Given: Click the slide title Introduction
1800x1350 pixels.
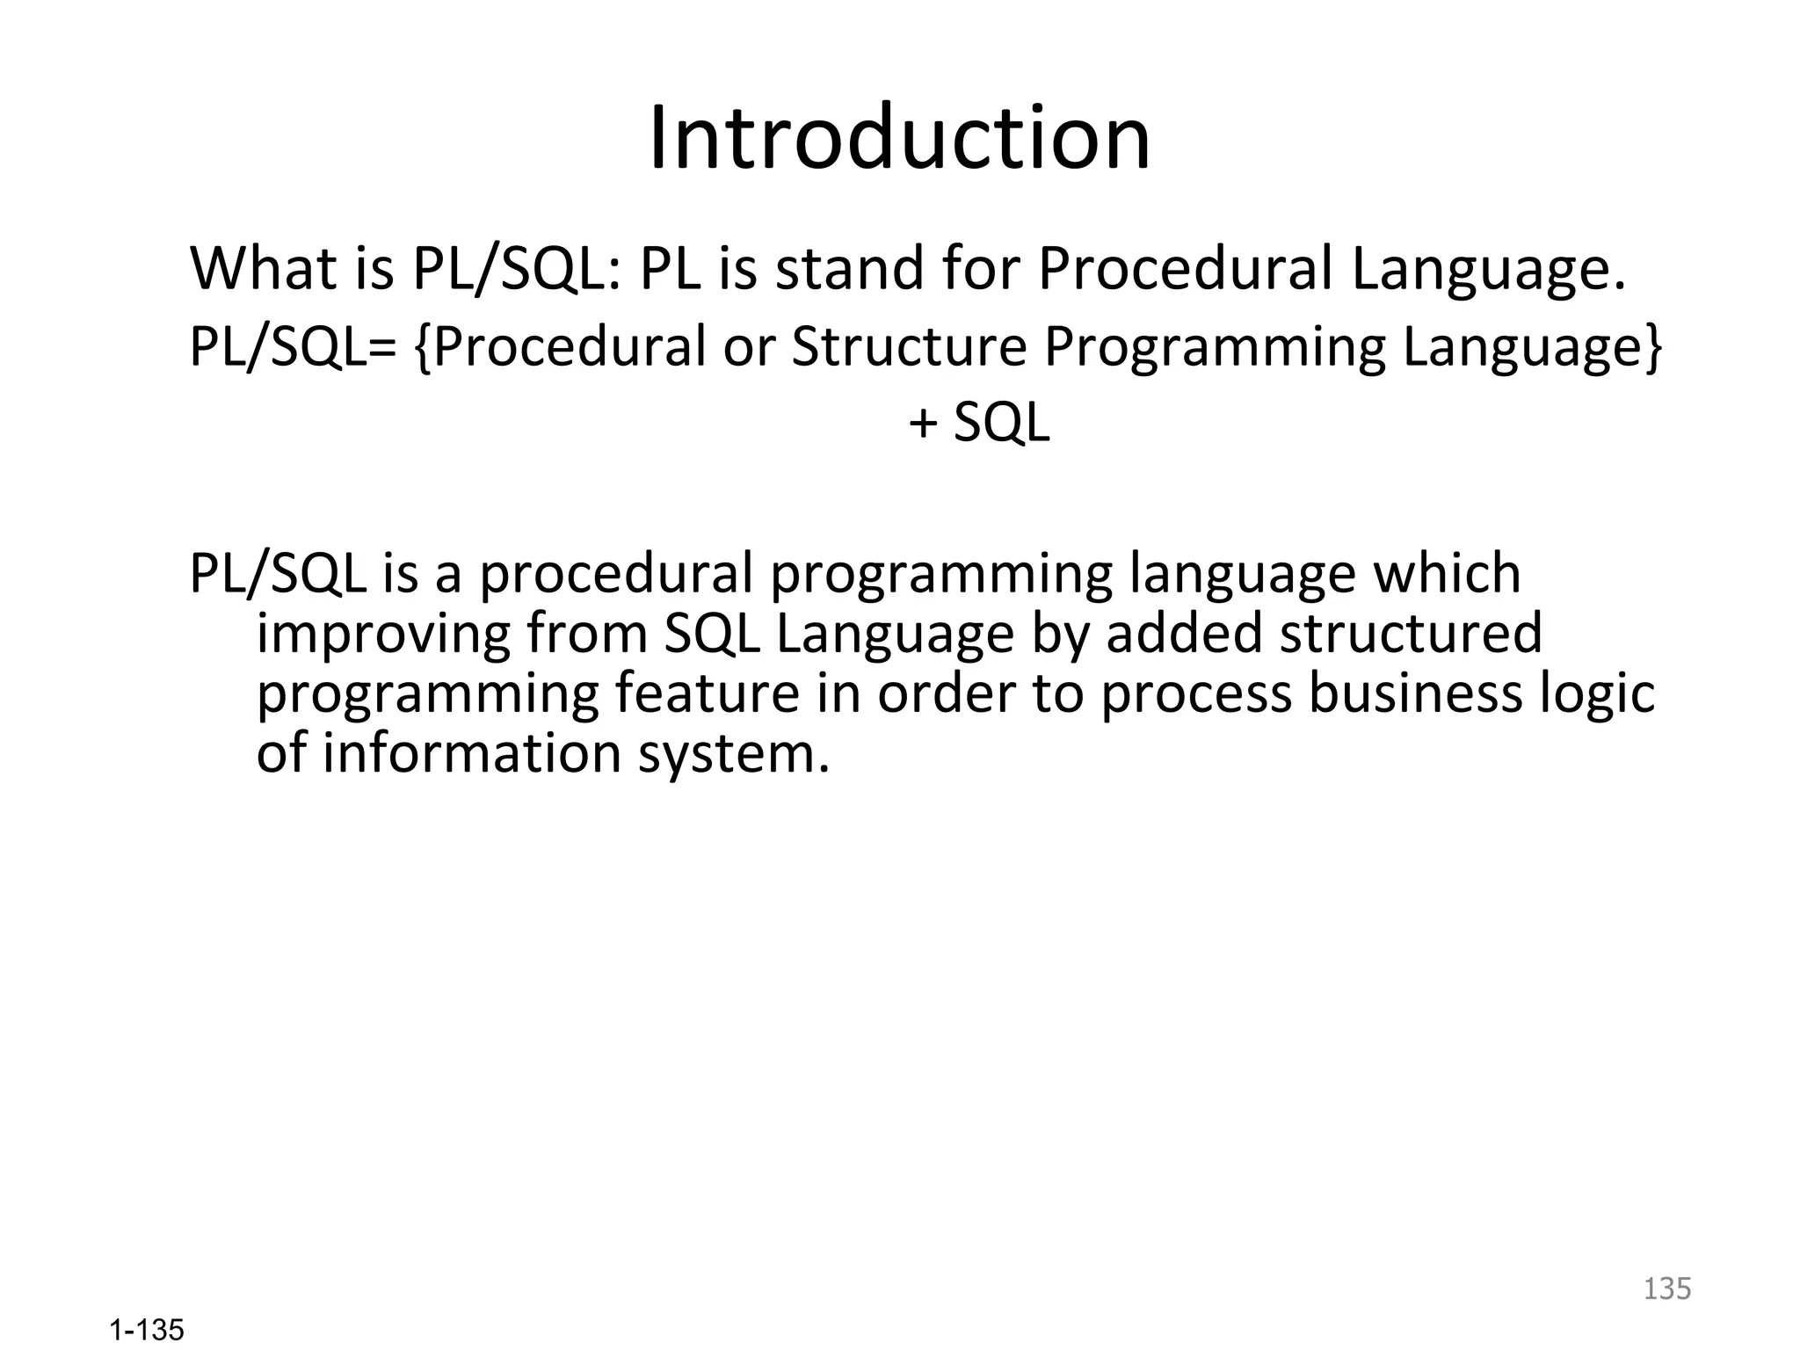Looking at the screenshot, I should pos(899,138).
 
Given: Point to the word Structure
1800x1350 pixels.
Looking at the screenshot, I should pos(909,346).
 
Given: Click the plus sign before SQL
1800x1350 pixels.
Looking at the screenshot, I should pos(923,424).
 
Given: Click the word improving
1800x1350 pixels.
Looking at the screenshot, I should pos(383,635).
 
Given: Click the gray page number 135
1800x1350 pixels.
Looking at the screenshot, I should pos(1666,1288).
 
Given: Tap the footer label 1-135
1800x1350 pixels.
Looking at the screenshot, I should pos(147,1331).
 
